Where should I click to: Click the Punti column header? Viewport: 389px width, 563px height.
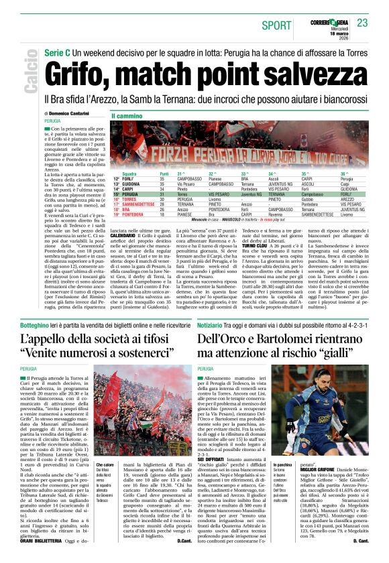[164, 174]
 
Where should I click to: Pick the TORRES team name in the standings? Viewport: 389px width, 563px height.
[129, 199]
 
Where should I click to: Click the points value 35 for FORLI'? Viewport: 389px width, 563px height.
[162, 179]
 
